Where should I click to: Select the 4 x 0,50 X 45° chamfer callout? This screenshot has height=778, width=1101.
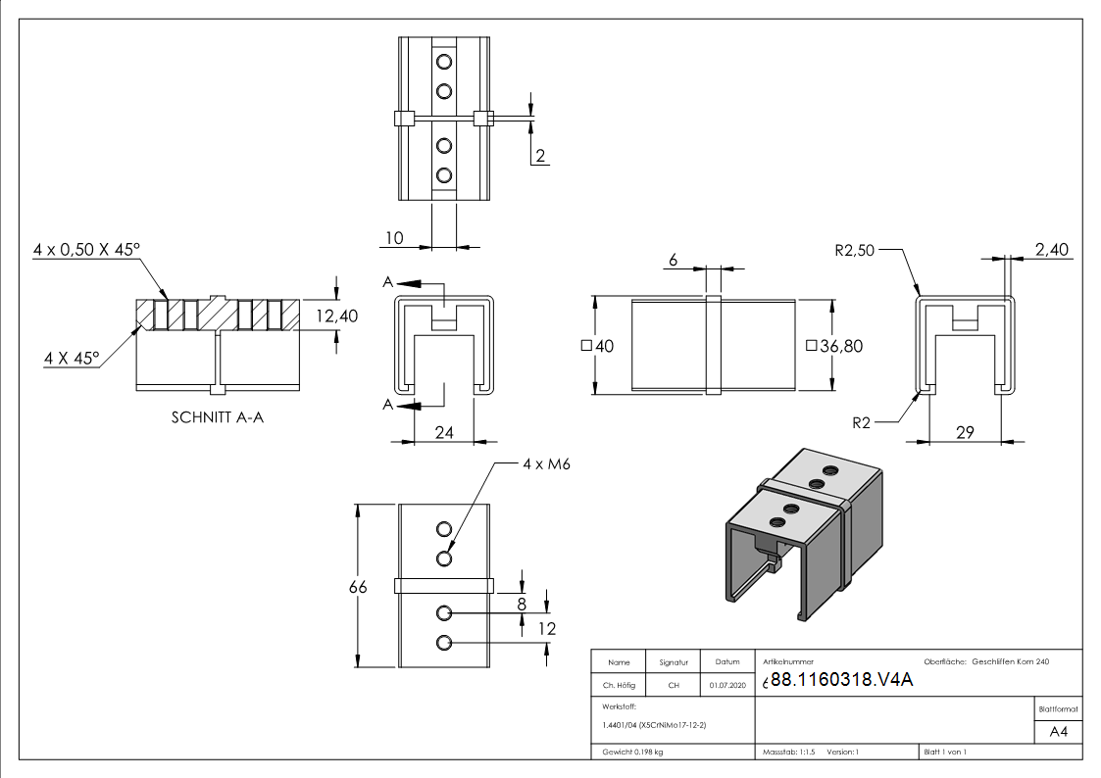(x=85, y=251)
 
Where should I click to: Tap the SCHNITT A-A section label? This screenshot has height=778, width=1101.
(x=218, y=417)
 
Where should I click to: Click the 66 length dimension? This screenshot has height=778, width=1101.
(x=359, y=587)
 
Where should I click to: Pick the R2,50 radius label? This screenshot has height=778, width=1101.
(x=855, y=250)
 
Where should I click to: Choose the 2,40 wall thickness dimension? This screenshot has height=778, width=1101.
(x=1051, y=251)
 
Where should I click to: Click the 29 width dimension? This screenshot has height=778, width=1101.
(x=964, y=431)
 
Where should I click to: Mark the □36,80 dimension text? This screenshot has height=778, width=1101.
(x=833, y=346)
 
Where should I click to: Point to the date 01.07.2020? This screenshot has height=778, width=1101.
(x=726, y=685)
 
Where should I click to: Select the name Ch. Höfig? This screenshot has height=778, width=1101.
(x=619, y=685)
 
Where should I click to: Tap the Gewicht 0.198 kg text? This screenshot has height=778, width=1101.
(x=634, y=752)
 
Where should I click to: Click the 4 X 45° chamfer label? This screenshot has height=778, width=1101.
(x=72, y=359)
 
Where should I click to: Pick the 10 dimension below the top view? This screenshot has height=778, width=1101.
(x=394, y=238)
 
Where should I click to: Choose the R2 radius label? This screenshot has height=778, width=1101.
(x=862, y=423)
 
